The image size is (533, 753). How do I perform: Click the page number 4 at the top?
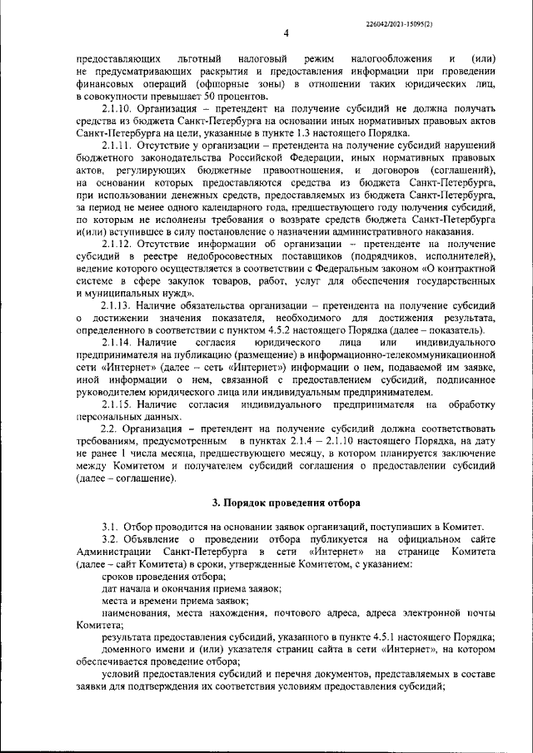click(x=286, y=33)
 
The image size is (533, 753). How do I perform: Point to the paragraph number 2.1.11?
click(x=116, y=146)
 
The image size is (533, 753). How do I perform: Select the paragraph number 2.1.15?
click(x=116, y=404)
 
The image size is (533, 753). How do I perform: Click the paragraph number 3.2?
click(x=109, y=538)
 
